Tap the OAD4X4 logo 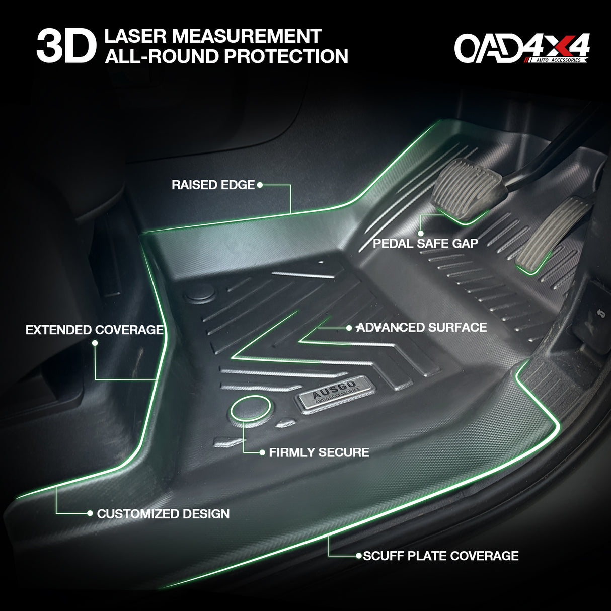pos(522,48)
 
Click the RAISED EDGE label pos(213,185)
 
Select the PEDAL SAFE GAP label pos(425,244)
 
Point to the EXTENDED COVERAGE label pos(95,330)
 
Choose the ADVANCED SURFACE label pos(422,328)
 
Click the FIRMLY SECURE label pos(319,452)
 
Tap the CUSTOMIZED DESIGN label pos(163,514)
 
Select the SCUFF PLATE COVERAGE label pos(441,556)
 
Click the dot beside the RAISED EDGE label pos(260,185)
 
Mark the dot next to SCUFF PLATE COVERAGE pos(359,556)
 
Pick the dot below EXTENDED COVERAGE pos(95,343)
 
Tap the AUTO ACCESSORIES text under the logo pos(558,60)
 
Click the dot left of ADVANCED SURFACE pos(349,328)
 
